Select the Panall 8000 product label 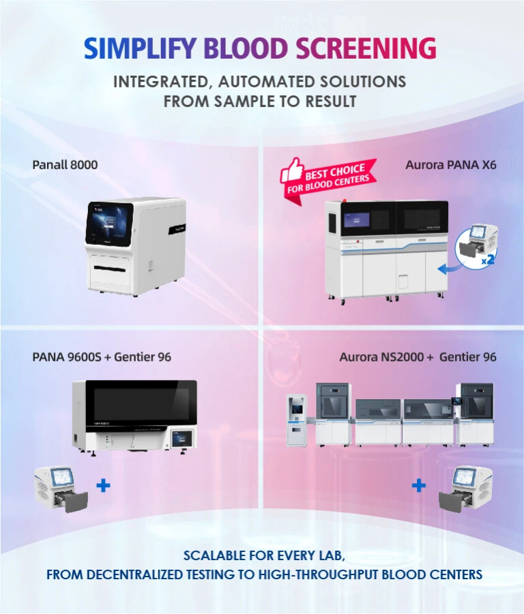click(65, 165)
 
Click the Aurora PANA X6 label click(450, 165)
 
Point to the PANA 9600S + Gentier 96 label click(102, 357)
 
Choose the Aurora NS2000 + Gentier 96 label click(418, 357)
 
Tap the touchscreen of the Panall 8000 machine click(109, 225)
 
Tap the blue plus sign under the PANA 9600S click(104, 486)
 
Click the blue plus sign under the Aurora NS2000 click(419, 486)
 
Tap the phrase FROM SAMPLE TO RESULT click(259, 102)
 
